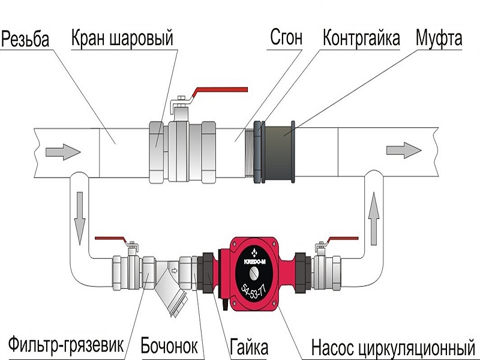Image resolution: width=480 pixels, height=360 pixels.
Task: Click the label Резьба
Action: coord(25,39)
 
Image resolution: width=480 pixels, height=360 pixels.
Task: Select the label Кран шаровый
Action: coord(122,38)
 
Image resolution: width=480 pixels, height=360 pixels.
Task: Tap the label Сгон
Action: coord(286,37)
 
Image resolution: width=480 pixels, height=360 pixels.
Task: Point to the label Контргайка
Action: coord(361,38)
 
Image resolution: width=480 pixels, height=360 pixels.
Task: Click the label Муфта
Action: coord(439,38)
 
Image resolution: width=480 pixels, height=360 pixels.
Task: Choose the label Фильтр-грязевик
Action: coord(66,345)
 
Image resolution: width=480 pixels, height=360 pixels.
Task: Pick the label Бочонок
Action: coord(169,346)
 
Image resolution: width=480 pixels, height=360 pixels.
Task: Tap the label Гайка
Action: coord(249,347)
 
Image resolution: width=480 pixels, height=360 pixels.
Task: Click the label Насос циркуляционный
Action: coord(393,347)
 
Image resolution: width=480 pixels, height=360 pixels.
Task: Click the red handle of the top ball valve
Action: coord(220,91)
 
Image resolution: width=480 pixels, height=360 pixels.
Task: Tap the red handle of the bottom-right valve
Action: coord(342,239)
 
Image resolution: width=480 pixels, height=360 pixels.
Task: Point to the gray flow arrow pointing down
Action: coord(80,218)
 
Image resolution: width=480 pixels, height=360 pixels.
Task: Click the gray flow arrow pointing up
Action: coord(374,218)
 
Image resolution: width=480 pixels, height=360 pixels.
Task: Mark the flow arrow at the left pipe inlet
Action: coord(63,152)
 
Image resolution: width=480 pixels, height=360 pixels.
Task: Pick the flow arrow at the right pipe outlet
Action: coord(404,151)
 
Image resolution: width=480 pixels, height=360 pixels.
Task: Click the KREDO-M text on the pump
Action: coord(254,261)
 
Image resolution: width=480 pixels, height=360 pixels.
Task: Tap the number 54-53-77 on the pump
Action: coord(253,292)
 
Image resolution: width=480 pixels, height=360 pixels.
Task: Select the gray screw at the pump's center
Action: coord(254,274)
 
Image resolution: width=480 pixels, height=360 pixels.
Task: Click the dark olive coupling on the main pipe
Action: coord(278,152)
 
